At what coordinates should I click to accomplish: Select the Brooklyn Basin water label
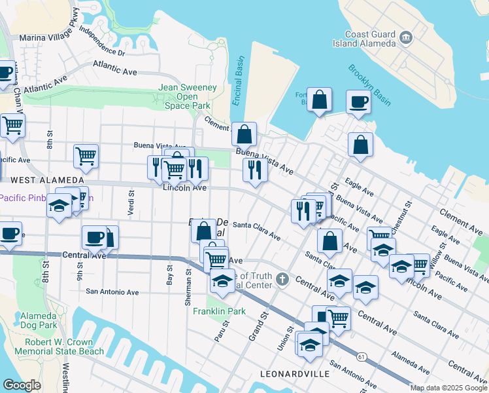point(369,84)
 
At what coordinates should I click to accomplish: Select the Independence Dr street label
point(101,40)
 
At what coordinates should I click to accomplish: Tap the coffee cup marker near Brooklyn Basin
point(358,102)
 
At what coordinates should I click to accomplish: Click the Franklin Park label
point(219,311)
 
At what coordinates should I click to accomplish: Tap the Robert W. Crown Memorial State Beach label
point(64,347)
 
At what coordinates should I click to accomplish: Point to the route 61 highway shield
point(361,357)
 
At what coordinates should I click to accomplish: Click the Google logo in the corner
point(22,384)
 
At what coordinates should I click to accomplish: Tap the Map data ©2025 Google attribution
point(448,388)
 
